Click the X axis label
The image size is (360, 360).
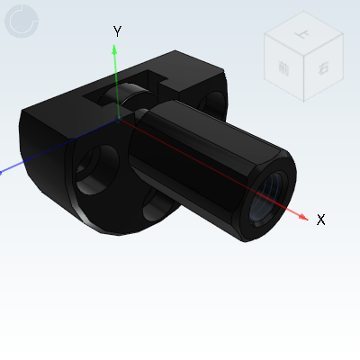[x=320, y=220]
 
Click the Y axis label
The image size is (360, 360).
[x=117, y=31]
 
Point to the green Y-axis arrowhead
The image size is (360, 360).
[x=115, y=49]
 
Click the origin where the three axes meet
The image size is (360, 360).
[x=116, y=115]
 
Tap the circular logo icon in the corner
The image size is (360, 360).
[x=22, y=22]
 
